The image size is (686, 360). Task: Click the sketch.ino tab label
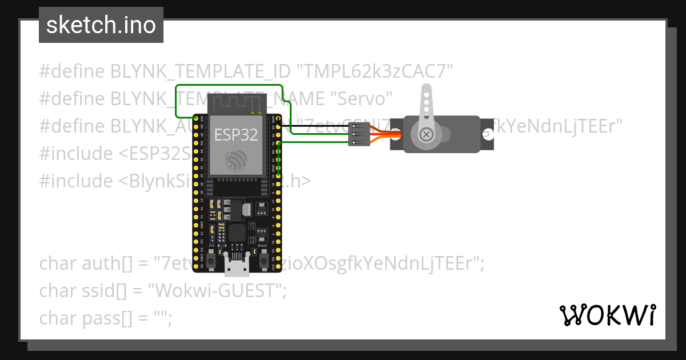101,25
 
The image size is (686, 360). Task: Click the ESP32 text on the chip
236,135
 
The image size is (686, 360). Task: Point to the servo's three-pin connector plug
359,135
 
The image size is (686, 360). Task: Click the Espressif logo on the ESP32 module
236,161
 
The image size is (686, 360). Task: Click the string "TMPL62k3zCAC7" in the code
375,71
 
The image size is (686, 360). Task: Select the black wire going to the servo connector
320,128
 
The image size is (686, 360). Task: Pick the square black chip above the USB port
237,233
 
